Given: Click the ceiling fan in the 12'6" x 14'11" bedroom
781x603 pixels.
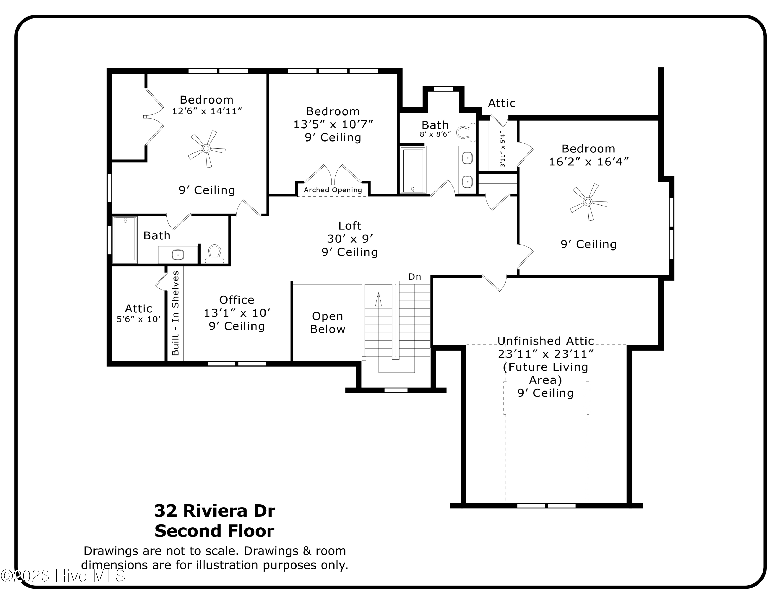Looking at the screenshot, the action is (206, 149).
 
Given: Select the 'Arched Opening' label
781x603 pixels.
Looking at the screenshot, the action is (333, 190).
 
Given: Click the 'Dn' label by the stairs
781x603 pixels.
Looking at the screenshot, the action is (415, 277).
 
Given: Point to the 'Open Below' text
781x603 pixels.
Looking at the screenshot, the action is (327, 323).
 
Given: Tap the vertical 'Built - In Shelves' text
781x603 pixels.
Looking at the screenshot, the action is (175, 313).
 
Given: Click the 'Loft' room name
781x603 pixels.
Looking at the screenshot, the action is (350, 226).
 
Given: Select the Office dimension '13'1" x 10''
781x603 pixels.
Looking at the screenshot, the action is (237, 313).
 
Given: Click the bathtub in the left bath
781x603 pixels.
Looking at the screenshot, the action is (125, 239).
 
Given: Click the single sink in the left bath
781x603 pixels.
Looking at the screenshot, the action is (178, 255).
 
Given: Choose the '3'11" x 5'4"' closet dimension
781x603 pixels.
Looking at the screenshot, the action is (503, 149).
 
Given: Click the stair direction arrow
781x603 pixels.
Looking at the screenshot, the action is (378, 299).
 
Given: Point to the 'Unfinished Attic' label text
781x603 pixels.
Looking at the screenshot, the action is (545, 341).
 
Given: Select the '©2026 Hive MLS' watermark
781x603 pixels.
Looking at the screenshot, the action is (63, 576).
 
